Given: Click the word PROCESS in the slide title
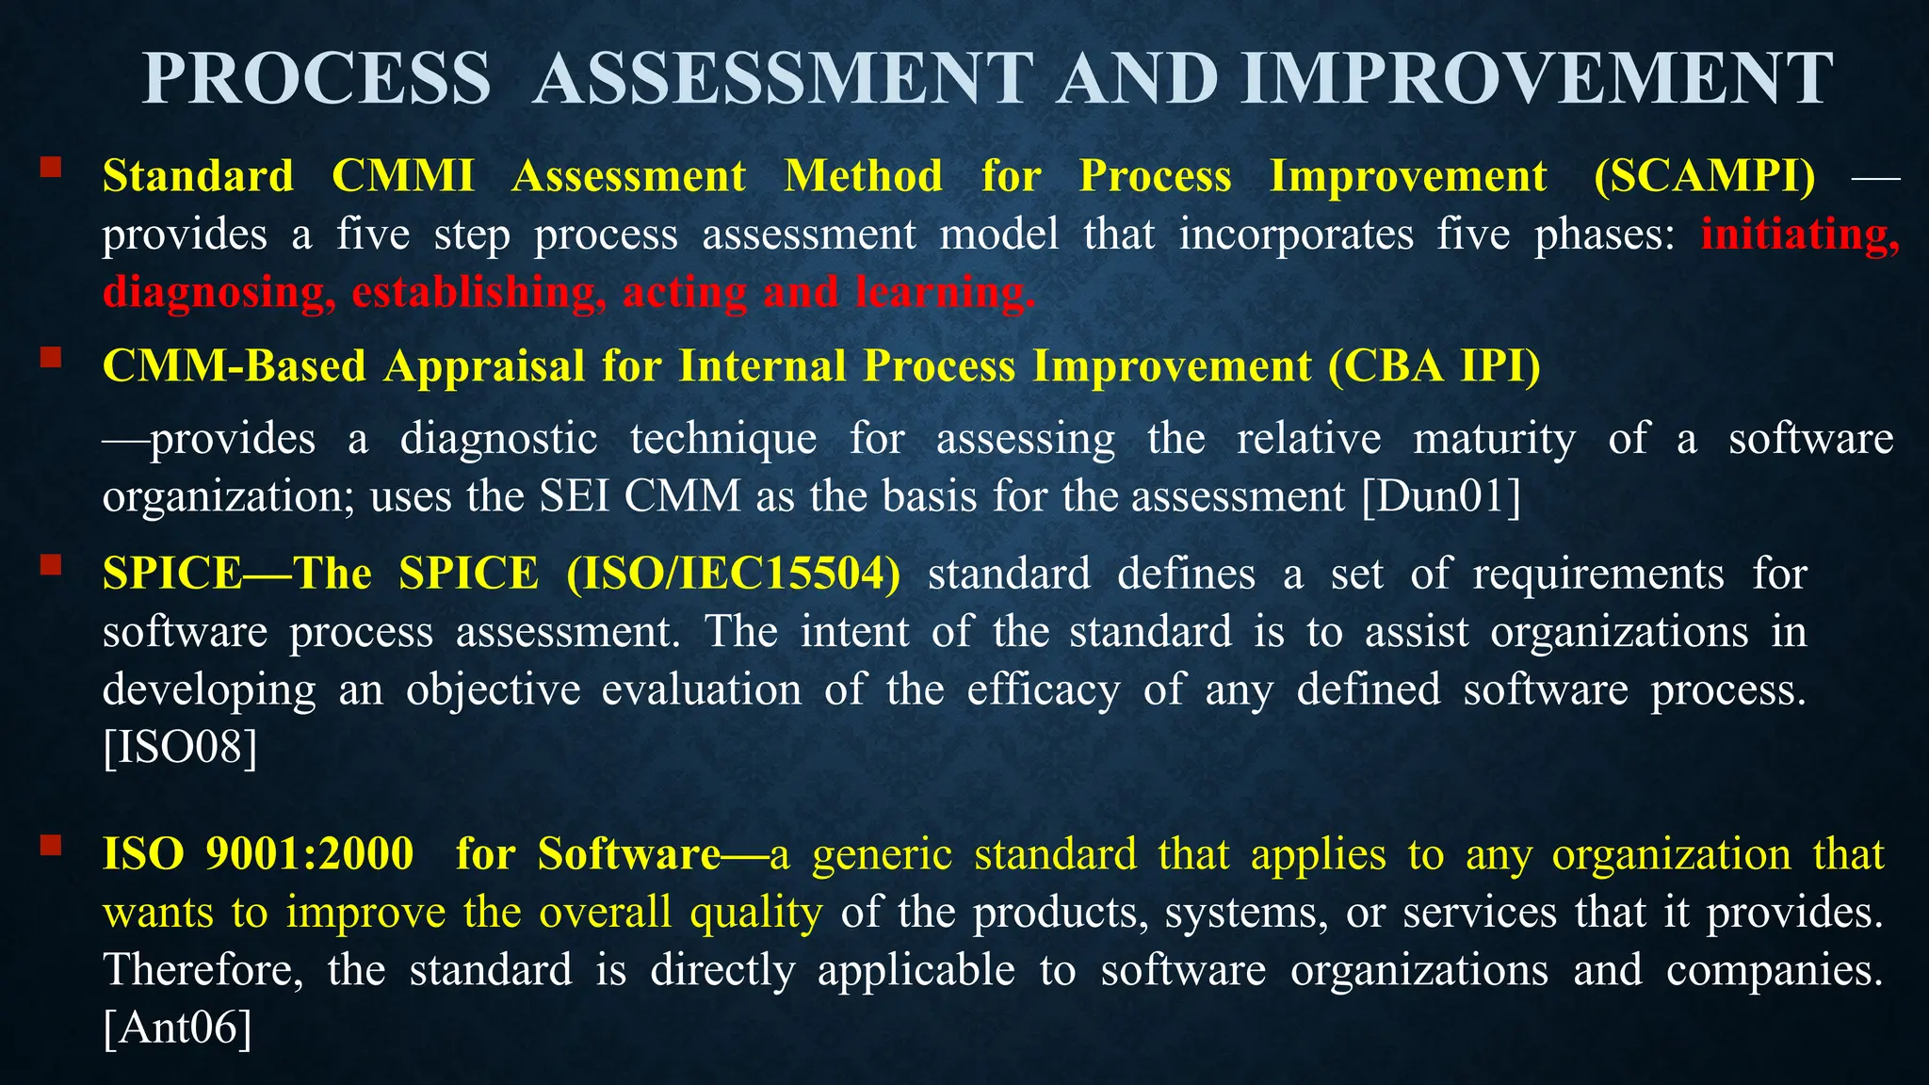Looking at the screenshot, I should point(316,79).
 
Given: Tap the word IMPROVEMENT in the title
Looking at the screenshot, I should point(1537,79).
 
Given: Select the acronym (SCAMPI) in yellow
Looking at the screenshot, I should point(1705,176).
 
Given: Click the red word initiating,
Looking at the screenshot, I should point(1800,235).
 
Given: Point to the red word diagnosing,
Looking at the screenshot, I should point(219,293).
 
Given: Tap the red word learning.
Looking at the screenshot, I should point(945,293).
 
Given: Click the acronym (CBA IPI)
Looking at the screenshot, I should point(1435,365).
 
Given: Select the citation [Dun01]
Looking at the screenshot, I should point(1441,496).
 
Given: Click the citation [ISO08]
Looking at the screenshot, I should point(180,748).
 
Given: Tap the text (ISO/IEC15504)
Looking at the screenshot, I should point(734,574).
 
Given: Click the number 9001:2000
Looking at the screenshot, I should point(310,854).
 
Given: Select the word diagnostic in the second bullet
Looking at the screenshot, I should point(498,439).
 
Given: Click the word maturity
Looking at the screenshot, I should point(1494,439).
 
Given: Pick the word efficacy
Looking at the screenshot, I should point(1044,689).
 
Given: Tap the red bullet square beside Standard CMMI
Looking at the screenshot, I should point(51,169).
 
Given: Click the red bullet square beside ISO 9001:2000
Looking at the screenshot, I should point(51,845).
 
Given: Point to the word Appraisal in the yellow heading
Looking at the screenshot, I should point(484,366).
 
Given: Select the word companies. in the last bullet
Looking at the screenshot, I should point(1775,970).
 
